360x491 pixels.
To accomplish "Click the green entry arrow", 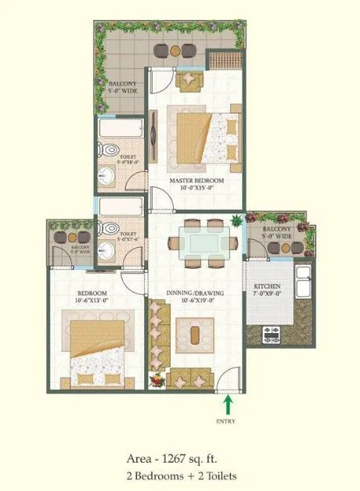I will [x=228, y=404].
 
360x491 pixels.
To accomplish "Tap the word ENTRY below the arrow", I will [x=228, y=419].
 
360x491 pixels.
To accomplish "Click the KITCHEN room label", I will [x=267, y=286].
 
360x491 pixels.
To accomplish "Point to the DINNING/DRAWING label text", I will [x=196, y=293].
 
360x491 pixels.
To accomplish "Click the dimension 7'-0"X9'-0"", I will [x=267, y=295].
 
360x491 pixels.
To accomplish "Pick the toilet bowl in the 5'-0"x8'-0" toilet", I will [x=110, y=150].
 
